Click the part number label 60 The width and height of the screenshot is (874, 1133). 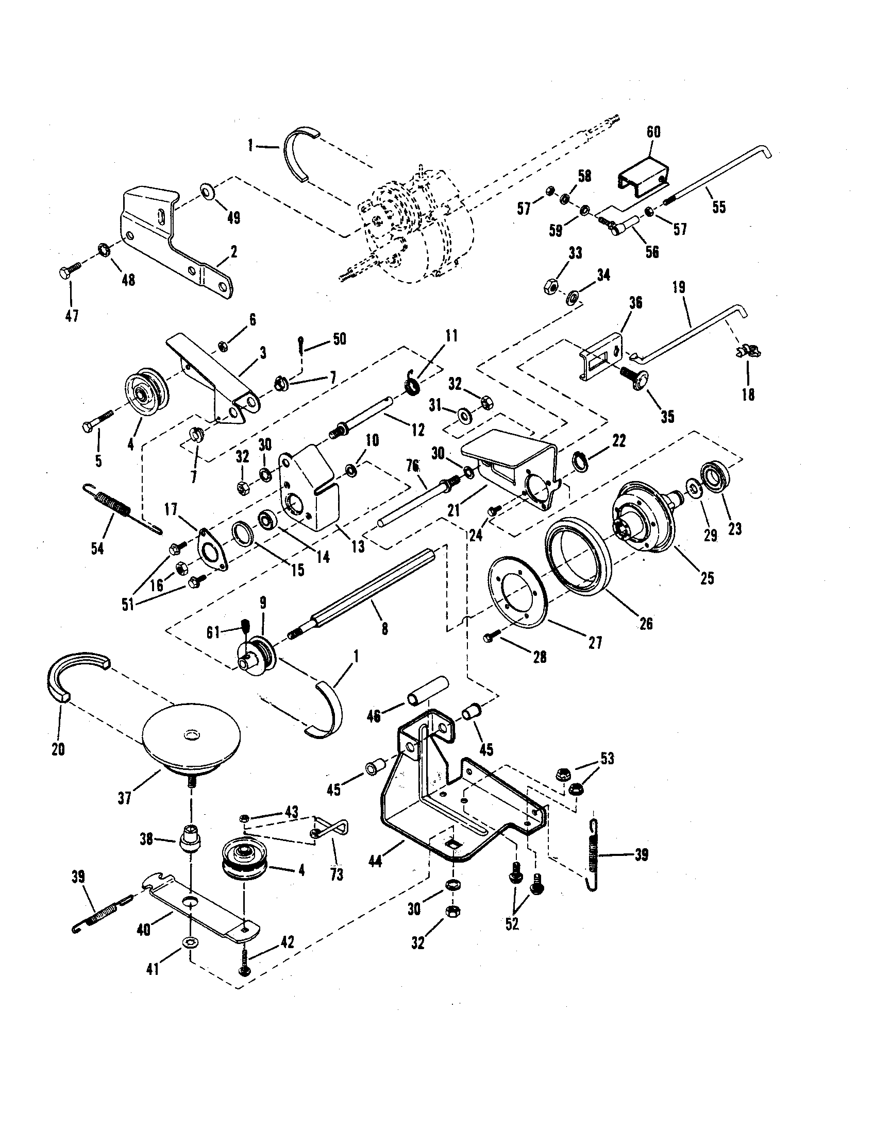click(653, 132)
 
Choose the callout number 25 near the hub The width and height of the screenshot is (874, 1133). click(707, 578)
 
